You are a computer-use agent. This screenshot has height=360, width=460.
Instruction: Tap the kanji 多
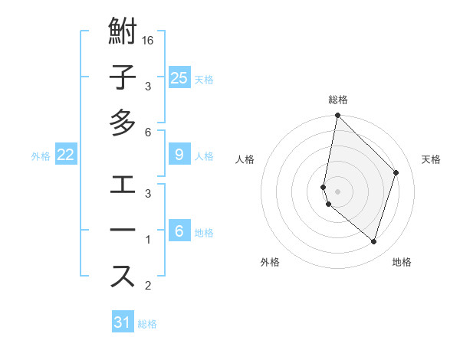(123, 123)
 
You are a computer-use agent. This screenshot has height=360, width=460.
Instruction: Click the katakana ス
(123, 276)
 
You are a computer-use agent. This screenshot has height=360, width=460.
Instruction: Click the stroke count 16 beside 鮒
(149, 41)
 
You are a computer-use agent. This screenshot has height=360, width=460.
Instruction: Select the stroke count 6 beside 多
(149, 133)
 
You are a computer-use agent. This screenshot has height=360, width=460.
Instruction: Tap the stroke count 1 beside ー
(149, 241)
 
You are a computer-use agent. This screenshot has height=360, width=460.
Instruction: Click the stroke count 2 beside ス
(149, 286)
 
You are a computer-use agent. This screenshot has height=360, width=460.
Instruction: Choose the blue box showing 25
(179, 78)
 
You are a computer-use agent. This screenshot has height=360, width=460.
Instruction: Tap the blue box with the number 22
(65, 155)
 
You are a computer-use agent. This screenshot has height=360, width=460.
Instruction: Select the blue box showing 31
(123, 322)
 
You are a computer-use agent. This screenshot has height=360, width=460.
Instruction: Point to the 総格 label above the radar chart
(338, 100)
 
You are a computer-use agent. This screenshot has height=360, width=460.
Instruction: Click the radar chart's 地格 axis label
(402, 263)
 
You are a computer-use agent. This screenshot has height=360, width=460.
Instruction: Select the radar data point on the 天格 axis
(396, 173)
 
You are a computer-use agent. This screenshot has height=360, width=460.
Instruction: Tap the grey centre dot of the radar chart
(338, 191)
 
